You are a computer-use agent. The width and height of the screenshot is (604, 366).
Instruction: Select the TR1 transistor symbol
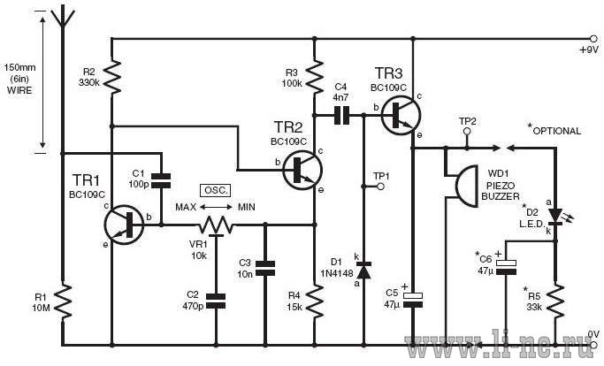124,225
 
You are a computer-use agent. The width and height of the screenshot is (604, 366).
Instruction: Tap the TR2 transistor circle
302,170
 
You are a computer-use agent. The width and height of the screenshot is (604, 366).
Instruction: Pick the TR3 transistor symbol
401,115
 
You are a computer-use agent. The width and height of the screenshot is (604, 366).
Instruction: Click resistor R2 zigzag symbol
111,77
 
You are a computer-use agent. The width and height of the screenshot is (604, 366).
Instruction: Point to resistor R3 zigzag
315,77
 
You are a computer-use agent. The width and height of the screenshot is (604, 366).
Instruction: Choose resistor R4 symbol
315,301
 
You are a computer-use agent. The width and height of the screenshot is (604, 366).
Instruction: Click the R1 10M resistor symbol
62,301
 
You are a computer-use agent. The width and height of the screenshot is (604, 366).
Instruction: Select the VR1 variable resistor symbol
216,226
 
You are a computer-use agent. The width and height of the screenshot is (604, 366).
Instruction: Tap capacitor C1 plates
161,180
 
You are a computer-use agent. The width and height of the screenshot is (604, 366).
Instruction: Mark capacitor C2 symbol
216,301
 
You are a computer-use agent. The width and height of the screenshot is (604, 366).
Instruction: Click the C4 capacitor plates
341,115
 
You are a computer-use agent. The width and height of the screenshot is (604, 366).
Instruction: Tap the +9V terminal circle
593,39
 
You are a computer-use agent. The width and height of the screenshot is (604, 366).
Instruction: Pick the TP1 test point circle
380,187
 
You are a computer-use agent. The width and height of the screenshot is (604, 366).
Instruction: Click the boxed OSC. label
216,190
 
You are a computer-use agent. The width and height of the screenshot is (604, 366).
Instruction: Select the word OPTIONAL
556,131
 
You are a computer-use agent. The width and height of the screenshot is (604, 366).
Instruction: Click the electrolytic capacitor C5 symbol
413,300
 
